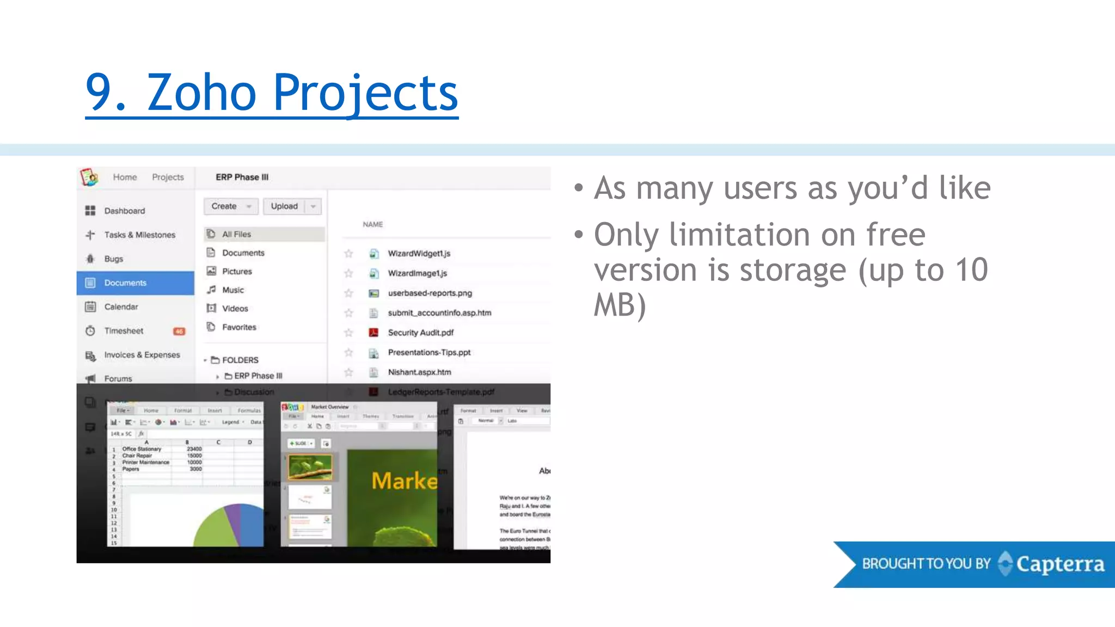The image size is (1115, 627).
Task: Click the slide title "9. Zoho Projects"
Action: (272, 93)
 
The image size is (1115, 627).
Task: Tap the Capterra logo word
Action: (1059, 564)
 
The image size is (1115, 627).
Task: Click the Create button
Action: (224, 206)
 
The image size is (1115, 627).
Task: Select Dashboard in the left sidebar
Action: (124, 211)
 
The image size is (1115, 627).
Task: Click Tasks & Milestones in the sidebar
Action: (139, 235)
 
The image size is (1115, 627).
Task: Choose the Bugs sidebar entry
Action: (113, 259)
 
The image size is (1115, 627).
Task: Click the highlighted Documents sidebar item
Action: (125, 283)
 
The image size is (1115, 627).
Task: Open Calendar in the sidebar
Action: (121, 307)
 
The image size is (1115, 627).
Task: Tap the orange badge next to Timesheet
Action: (179, 331)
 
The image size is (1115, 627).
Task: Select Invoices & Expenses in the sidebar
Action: (142, 355)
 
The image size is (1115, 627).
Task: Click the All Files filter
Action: (236, 234)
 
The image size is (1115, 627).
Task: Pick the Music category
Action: (232, 290)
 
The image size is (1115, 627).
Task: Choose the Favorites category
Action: (238, 327)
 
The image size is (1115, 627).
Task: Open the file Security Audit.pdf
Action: (420, 333)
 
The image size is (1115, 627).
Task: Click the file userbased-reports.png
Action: (430, 293)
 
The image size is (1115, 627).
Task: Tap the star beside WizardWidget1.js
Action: (348, 254)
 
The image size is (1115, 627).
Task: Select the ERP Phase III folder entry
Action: (258, 376)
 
